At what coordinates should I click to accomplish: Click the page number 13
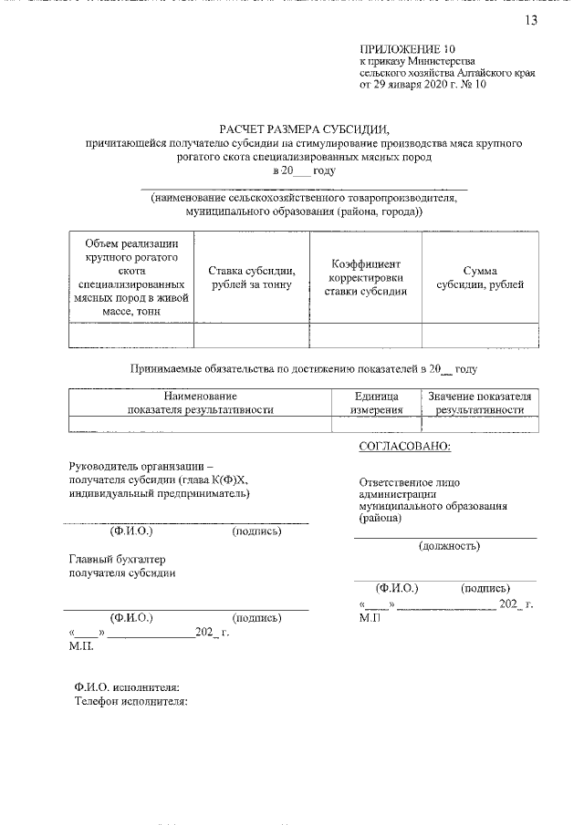531,21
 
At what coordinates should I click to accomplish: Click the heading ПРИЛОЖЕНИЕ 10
407,48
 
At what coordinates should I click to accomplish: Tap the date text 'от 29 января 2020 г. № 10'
424,87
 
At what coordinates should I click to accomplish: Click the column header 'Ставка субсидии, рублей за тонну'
252,278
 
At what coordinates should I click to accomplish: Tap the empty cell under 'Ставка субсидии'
252,335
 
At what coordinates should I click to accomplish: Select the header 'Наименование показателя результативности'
201,403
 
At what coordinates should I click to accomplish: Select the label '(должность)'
449,546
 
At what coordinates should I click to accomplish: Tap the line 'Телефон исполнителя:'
130,702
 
